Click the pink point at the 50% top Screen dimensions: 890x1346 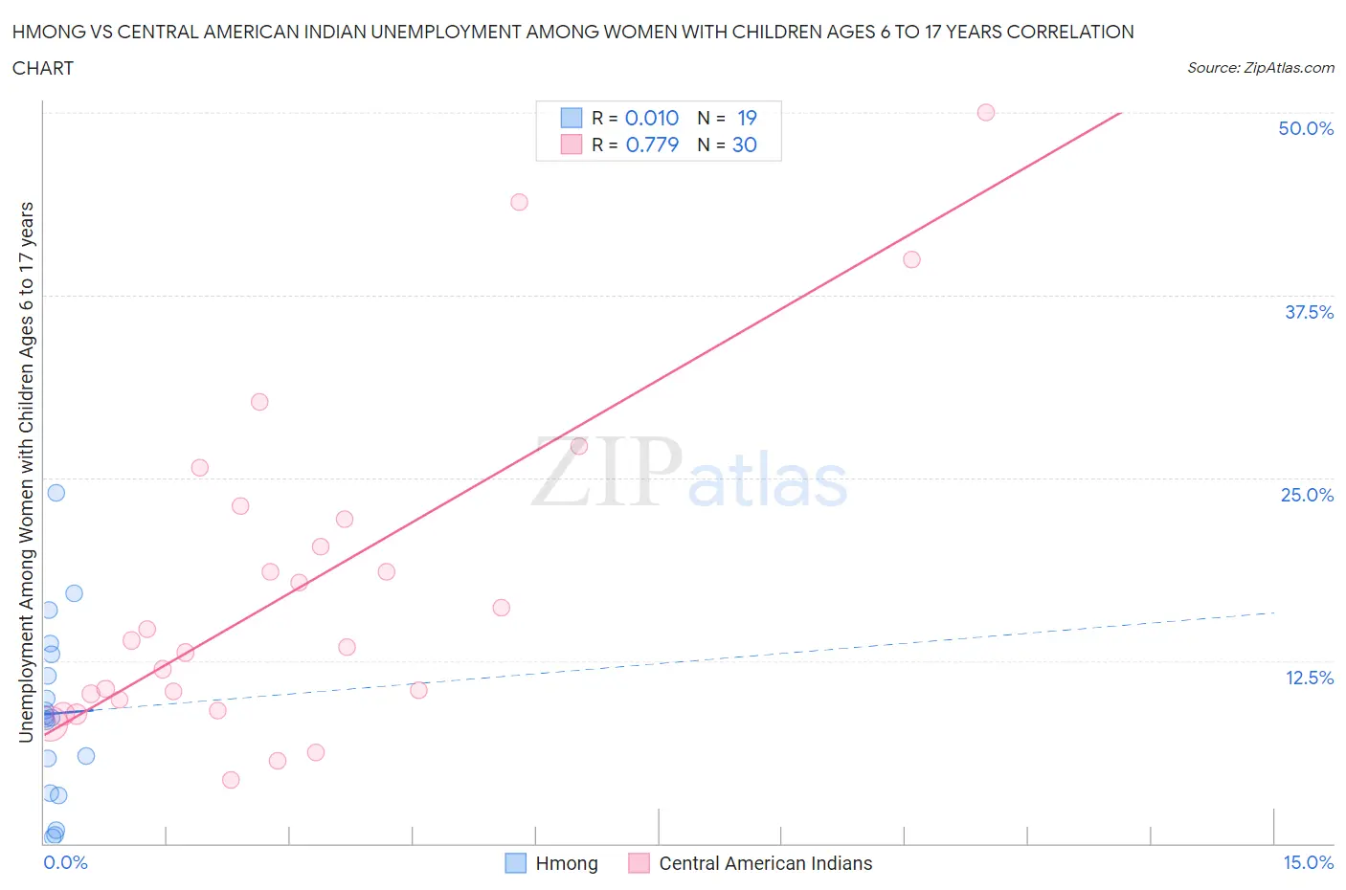(x=985, y=112)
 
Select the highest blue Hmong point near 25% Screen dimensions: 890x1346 (x=56, y=493)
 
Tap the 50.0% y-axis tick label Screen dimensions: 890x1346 (x=1305, y=128)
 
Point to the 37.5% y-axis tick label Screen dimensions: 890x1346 (x=1308, y=312)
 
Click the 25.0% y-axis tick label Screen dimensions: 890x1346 (x=1306, y=495)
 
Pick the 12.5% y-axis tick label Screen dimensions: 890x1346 (x=1308, y=678)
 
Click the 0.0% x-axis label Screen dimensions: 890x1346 (x=65, y=862)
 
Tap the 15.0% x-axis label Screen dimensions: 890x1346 (x=1308, y=862)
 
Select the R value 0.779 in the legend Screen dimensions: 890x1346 (x=652, y=145)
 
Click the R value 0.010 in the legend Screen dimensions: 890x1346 (x=651, y=118)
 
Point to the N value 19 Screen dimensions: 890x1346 (x=747, y=118)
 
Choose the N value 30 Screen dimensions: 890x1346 (x=745, y=145)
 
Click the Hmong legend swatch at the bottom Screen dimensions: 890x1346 (x=515, y=863)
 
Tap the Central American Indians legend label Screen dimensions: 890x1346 (x=765, y=863)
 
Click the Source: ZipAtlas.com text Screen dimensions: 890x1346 (x=1260, y=68)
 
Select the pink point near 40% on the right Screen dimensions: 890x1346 (x=911, y=259)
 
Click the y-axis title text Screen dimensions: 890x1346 (x=26, y=472)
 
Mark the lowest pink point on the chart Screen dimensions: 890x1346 (x=230, y=780)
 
